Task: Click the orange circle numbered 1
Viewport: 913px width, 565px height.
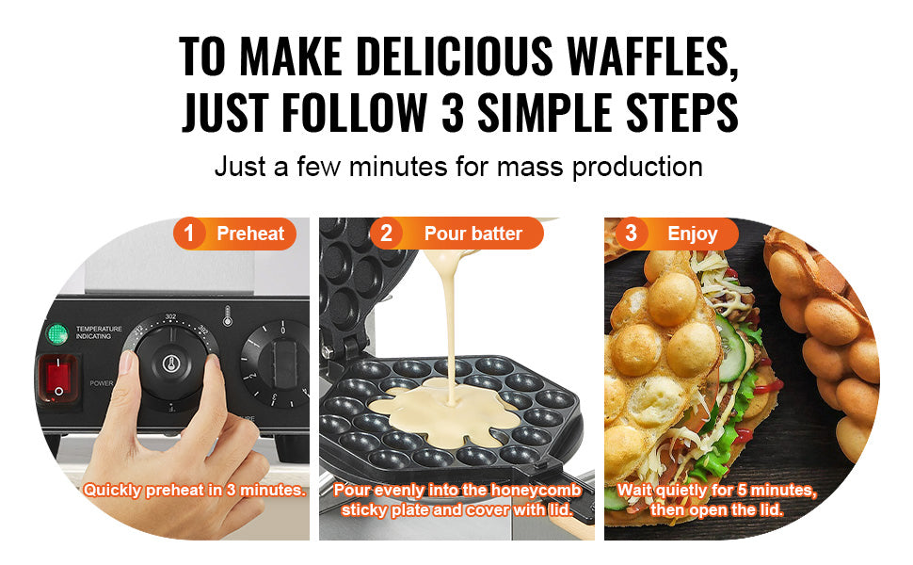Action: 189,234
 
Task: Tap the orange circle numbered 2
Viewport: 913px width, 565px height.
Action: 386,234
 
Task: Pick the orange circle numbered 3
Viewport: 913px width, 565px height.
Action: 631,234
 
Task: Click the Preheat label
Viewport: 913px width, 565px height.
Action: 250,234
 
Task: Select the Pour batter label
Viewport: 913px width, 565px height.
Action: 473,234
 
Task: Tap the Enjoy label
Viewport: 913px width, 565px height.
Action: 692,234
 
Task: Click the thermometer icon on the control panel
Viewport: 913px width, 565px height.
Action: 227,315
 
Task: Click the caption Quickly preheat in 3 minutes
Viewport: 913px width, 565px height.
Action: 194,490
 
